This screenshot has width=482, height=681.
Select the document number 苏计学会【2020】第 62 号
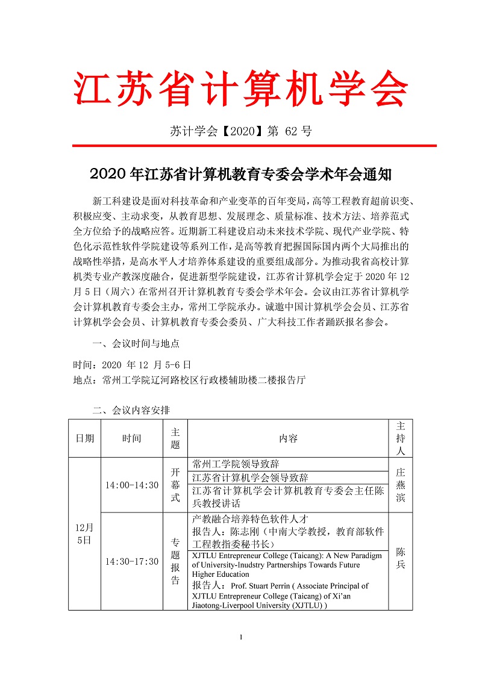[x=241, y=131]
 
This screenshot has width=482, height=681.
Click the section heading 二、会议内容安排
[x=131, y=411]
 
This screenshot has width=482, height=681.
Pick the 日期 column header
[x=84, y=438]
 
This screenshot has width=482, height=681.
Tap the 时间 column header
[x=131, y=438]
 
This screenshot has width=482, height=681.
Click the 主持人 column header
[x=401, y=438]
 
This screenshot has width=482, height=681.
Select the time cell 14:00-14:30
[x=131, y=485]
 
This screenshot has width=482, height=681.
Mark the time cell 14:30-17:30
[x=131, y=561]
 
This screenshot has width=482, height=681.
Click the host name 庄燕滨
[x=401, y=485]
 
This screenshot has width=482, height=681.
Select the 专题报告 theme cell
[x=175, y=561]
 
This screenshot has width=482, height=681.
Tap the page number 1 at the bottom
[x=241, y=638]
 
